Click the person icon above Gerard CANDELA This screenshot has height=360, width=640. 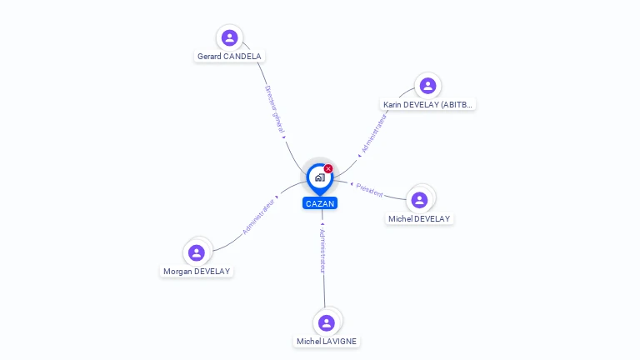(x=229, y=37)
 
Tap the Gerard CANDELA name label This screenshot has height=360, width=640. (x=229, y=57)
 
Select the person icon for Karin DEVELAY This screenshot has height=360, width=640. (x=427, y=86)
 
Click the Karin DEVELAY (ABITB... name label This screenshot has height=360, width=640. (x=427, y=104)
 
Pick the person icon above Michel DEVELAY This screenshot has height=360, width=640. (x=419, y=200)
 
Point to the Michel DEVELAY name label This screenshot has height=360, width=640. (x=419, y=219)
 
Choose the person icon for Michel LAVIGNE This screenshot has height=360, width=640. (x=327, y=322)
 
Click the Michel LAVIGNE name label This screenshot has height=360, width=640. (x=327, y=341)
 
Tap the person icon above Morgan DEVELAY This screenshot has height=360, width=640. (x=197, y=252)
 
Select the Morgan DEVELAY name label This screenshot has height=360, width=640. (x=197, y=272)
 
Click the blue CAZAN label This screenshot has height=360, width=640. (x=320, y=203)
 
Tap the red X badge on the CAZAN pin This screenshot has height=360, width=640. (x=328, y=168)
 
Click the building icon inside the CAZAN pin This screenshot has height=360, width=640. (x=320, y=177)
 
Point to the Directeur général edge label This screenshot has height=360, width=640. (x=274, y=109)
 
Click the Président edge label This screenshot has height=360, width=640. (x=369, y=190)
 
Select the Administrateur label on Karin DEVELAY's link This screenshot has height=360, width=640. (x=374, y=133)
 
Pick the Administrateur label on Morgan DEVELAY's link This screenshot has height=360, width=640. (x=258, y=217)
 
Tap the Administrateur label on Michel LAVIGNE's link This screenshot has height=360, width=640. (x=322, y=251)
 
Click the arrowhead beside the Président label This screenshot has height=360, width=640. (x=352, y=184)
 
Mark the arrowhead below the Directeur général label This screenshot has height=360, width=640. (x=284, y=137)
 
